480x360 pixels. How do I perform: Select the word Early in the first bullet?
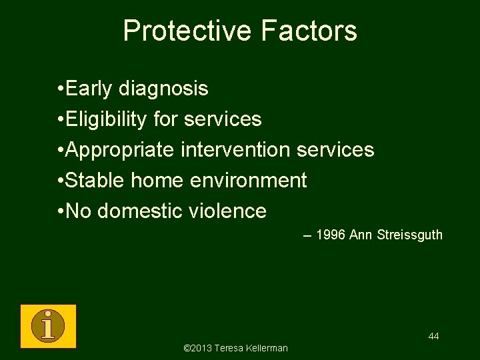click(x=90, y=88)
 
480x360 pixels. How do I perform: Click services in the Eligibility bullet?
click(x=223, y=119)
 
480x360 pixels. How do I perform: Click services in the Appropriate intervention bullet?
click(x=335, y=149)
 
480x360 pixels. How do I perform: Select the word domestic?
click(x=139, y=211)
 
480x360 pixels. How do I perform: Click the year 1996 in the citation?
click(x=330, y=235)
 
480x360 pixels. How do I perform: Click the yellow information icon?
click(x=48, y=326)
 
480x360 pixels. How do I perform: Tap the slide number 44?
click(x=433, y=336)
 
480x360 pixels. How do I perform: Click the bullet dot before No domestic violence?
click(x=61, y=211)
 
